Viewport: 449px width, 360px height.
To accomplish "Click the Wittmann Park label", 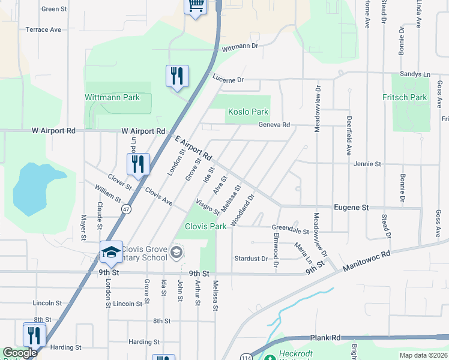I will pyautogui.click(x=112, y=97).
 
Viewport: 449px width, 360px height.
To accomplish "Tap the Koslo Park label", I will pyautogui.click(x=248, y=112).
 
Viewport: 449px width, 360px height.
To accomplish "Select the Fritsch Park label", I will pyautogui.click(x=405, y=97).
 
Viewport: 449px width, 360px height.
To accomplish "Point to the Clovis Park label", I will pyautogui.click(x=206, y=226).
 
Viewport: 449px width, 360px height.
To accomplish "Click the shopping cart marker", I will pyautogui.click(x=195, y=6).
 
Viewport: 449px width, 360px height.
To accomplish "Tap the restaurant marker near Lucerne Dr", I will pyautogui.click(x=177, y=76).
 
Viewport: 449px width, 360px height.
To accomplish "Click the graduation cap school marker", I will pyautogui.click(x=111, y=253).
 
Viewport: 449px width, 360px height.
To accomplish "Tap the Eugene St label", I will pyautogui.click(x=352, y=207).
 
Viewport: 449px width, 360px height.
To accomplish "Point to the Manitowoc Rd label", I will pyautogui.click(x=366, y=261).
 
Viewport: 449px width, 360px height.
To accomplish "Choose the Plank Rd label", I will pyautogui.click(x=325, y=338).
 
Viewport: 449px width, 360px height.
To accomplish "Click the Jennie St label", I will pyautogui.click(x=367, y=164).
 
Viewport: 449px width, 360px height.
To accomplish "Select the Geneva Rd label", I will pyautogui.click(x=274, y=125).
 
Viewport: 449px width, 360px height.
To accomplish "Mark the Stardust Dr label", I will pyautogui.click(x=251, y=259).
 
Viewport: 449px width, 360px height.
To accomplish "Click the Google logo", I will pyautogui.click(x=20, y=353).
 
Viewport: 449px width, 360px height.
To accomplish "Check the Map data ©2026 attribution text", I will pyautogui.click(x=423, y=355).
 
